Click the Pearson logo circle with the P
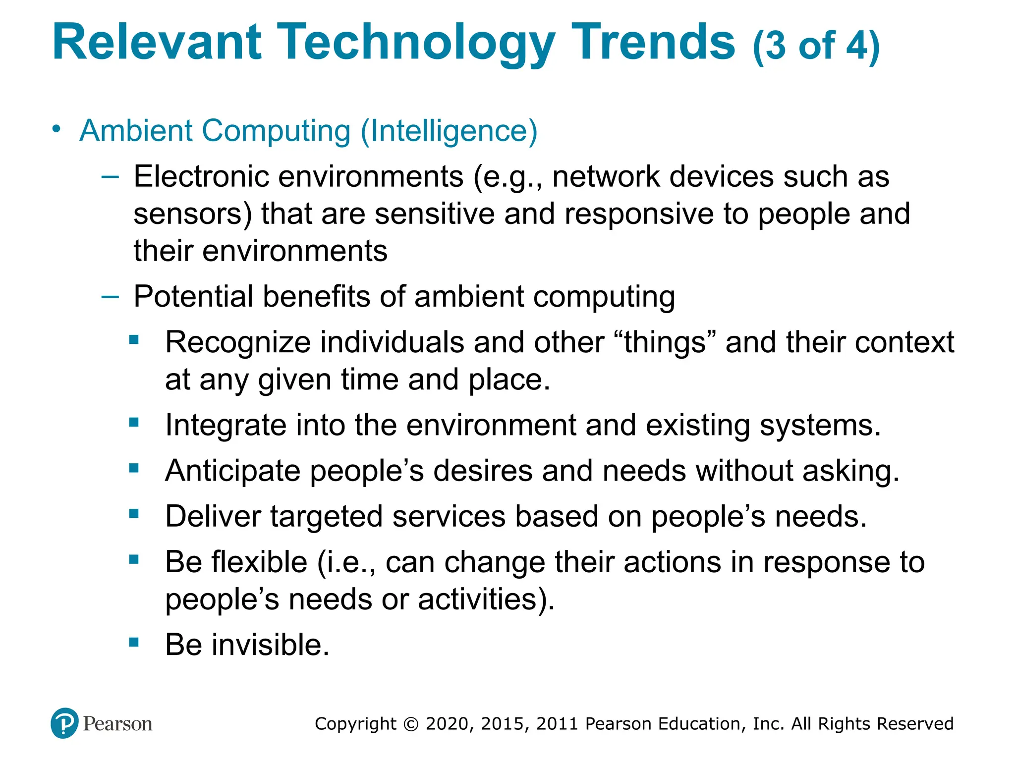pyautogui.click(x=64, y=723)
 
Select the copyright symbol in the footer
pyautogui.click(x=411, y=724)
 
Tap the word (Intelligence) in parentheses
pyautogui.click(x=449, y=131)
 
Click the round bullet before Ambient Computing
pyautogui.click(x=56, y=129)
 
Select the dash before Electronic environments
pyautogui.click(x=110, y=176)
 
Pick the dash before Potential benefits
pyautogui.click(x=110, y=296)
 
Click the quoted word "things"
pyautogui.click(x=665, y=342)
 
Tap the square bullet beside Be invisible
pyautogui.click(x=134, y=643)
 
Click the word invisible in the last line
pyautogui.click(x=271, y=645)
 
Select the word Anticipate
pyautogui.click(x=232, y=471)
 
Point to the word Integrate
pyautogui.click(x=226, y=425)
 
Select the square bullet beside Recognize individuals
pyautogui.click(x=134, y=340)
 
